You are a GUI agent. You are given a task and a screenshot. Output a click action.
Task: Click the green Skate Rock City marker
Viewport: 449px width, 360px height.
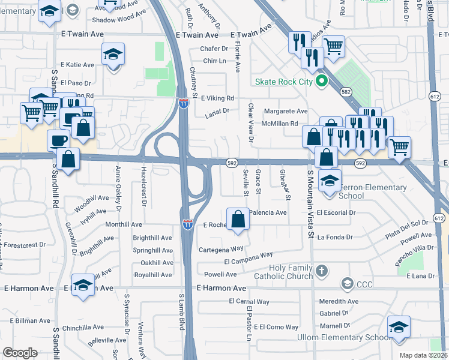click(x=321, y=82)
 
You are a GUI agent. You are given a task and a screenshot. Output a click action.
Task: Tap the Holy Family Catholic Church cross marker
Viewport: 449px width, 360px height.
click(x=322, y=271)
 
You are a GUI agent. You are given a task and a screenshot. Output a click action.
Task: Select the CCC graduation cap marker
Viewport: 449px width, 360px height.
click(x=346, y=283)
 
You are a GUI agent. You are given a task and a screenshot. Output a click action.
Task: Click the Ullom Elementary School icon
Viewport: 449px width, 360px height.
click(x=399, y=327)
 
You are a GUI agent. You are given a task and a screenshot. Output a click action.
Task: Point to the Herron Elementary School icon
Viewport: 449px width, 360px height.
click(x=330, y=180)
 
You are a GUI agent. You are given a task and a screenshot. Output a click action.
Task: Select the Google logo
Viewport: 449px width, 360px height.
click(x=20, y=353)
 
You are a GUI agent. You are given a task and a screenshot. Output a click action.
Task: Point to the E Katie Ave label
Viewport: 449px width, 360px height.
click(x=77, y=65)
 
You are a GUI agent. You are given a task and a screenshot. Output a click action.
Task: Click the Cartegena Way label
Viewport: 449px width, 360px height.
click(x=221, y=248)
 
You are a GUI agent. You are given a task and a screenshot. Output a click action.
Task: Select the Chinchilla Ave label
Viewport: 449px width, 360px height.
click(x=83, y=328)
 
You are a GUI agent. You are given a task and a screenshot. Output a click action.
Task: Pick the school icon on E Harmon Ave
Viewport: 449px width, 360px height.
click(x=83, y=285)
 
